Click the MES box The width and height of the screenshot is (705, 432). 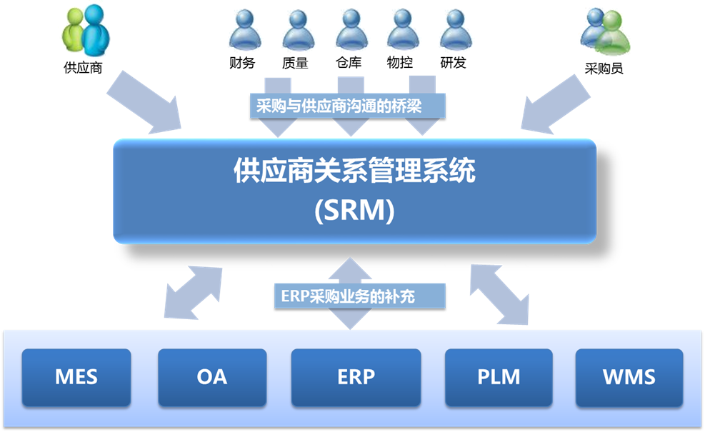click(x=76, y=376)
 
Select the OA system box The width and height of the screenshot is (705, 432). click(x=211, y=376)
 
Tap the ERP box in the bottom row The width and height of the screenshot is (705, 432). click(x=355, y=376)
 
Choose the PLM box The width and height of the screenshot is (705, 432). click(x=499, y=376)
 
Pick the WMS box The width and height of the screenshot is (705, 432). click(x=629, y=376)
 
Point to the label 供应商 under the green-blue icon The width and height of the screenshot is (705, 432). click(x=83, y=69)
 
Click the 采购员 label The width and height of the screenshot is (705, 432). click(x=604, y=69)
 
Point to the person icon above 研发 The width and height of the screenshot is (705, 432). click(x=454, y=30)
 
